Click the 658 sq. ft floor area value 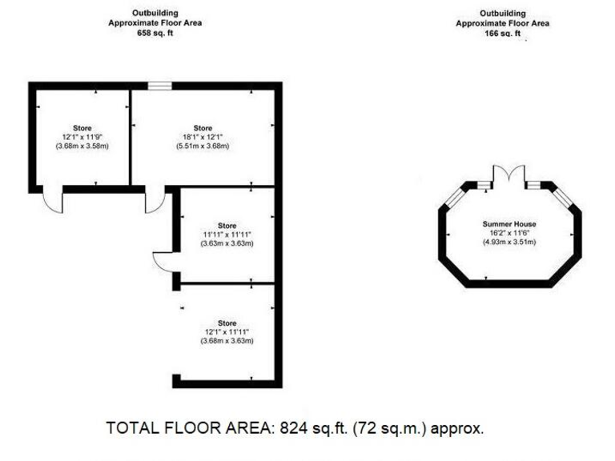point(155,34)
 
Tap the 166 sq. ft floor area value point(503,34)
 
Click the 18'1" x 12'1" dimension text point(203,137)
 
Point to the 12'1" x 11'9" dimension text point(82,137)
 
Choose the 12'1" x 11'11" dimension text point(227,331)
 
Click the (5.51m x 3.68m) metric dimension point(203,146)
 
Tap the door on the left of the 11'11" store point(163,261)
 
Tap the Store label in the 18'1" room point(203,128)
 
